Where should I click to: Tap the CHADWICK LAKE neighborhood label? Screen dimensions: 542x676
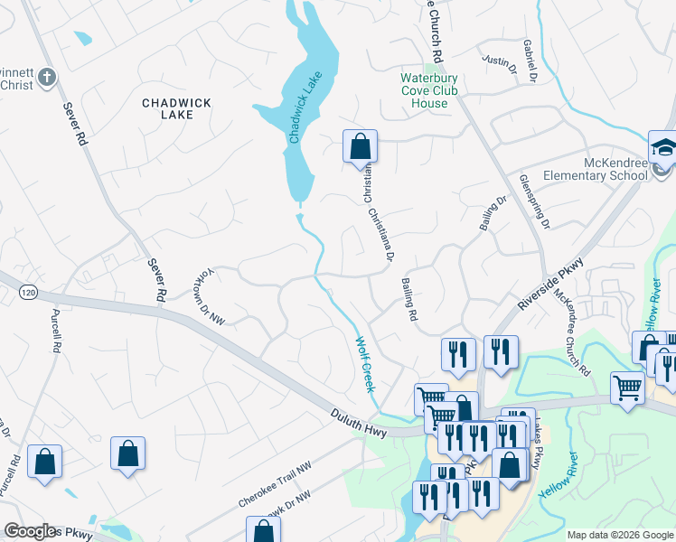177,109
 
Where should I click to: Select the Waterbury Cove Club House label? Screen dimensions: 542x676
430,90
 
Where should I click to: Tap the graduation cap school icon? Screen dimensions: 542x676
662,147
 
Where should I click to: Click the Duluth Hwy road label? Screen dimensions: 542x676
359,423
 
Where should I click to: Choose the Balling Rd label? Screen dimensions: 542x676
408,300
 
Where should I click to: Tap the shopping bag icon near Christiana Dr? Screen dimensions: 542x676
360,146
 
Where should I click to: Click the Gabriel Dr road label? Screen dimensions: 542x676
530,58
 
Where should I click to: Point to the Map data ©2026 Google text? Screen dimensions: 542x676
620,536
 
